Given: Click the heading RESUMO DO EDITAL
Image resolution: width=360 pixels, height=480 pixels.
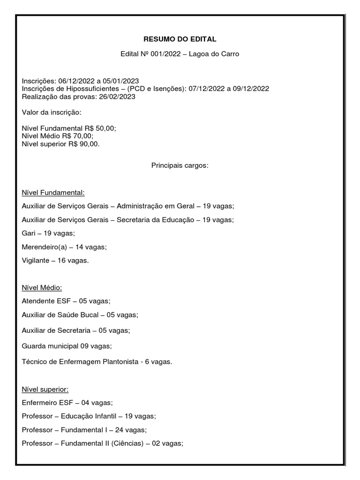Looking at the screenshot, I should click(x=180, y=39).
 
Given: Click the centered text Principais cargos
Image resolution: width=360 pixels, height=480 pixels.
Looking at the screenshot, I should click(x=180, y=166).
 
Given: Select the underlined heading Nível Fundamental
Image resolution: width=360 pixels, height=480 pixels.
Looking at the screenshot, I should click(x=53, y=192).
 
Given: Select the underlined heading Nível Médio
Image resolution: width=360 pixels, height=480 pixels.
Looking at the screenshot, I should click(x=42, y=287).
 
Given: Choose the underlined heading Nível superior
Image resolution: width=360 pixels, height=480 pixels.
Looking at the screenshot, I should click(x=45, y=389).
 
